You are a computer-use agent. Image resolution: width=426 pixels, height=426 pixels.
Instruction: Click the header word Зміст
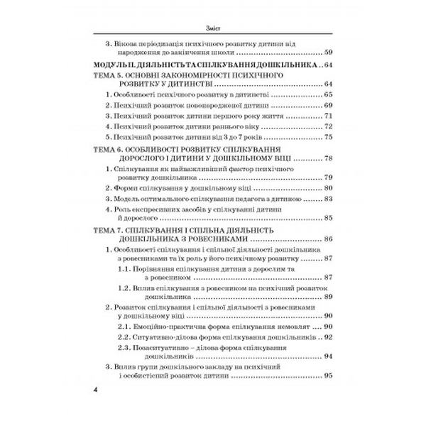213,28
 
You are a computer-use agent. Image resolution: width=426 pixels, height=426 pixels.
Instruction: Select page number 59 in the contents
327,53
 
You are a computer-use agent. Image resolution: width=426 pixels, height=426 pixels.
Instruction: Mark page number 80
327,189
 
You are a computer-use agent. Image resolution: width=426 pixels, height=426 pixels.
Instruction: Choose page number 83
327,200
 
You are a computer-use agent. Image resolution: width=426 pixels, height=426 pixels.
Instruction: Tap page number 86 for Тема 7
327,240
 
